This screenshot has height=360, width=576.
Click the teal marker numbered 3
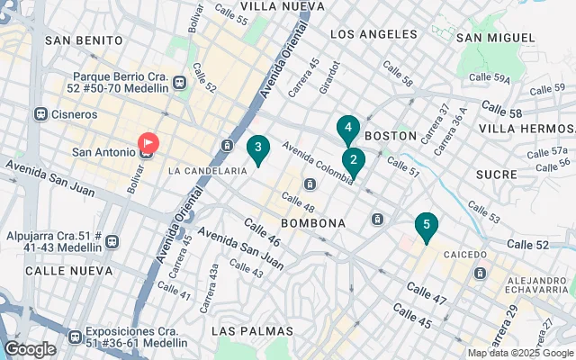[x=258, y=148]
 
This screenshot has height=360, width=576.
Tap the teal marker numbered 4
[x=347, y=129]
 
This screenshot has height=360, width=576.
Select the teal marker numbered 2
[x=353, y=162]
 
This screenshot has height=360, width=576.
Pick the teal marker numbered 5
[x=426, y=226]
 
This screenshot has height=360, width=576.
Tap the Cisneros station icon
[x=40, y=114]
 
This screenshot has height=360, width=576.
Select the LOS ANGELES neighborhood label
[x=374, y=34]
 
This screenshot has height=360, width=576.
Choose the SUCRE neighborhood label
[x=496, y=173]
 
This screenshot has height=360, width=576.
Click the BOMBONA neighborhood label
[x=313, y=222]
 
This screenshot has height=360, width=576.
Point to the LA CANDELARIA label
[x=207, y=170]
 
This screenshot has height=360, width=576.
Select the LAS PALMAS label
[x=252, y=331]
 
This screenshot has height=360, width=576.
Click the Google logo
[x=30, y=349]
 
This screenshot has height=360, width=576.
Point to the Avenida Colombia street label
[x=315, y=161]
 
